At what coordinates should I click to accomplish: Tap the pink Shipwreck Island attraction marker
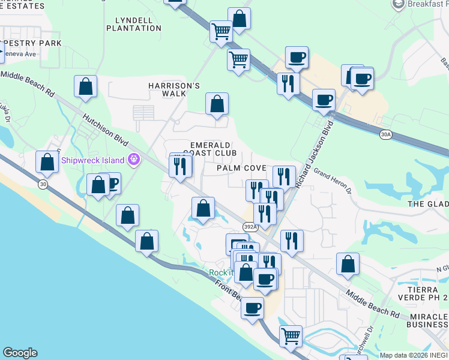[133, 160]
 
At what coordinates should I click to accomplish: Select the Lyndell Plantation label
[134, 24]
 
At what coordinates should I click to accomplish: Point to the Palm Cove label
[242, 168]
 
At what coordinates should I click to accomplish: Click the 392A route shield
[250, 227]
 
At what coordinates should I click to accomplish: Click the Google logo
[20, 353]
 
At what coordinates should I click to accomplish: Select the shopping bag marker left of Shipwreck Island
[47, 162]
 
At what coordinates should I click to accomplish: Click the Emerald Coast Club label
[209, 149]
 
